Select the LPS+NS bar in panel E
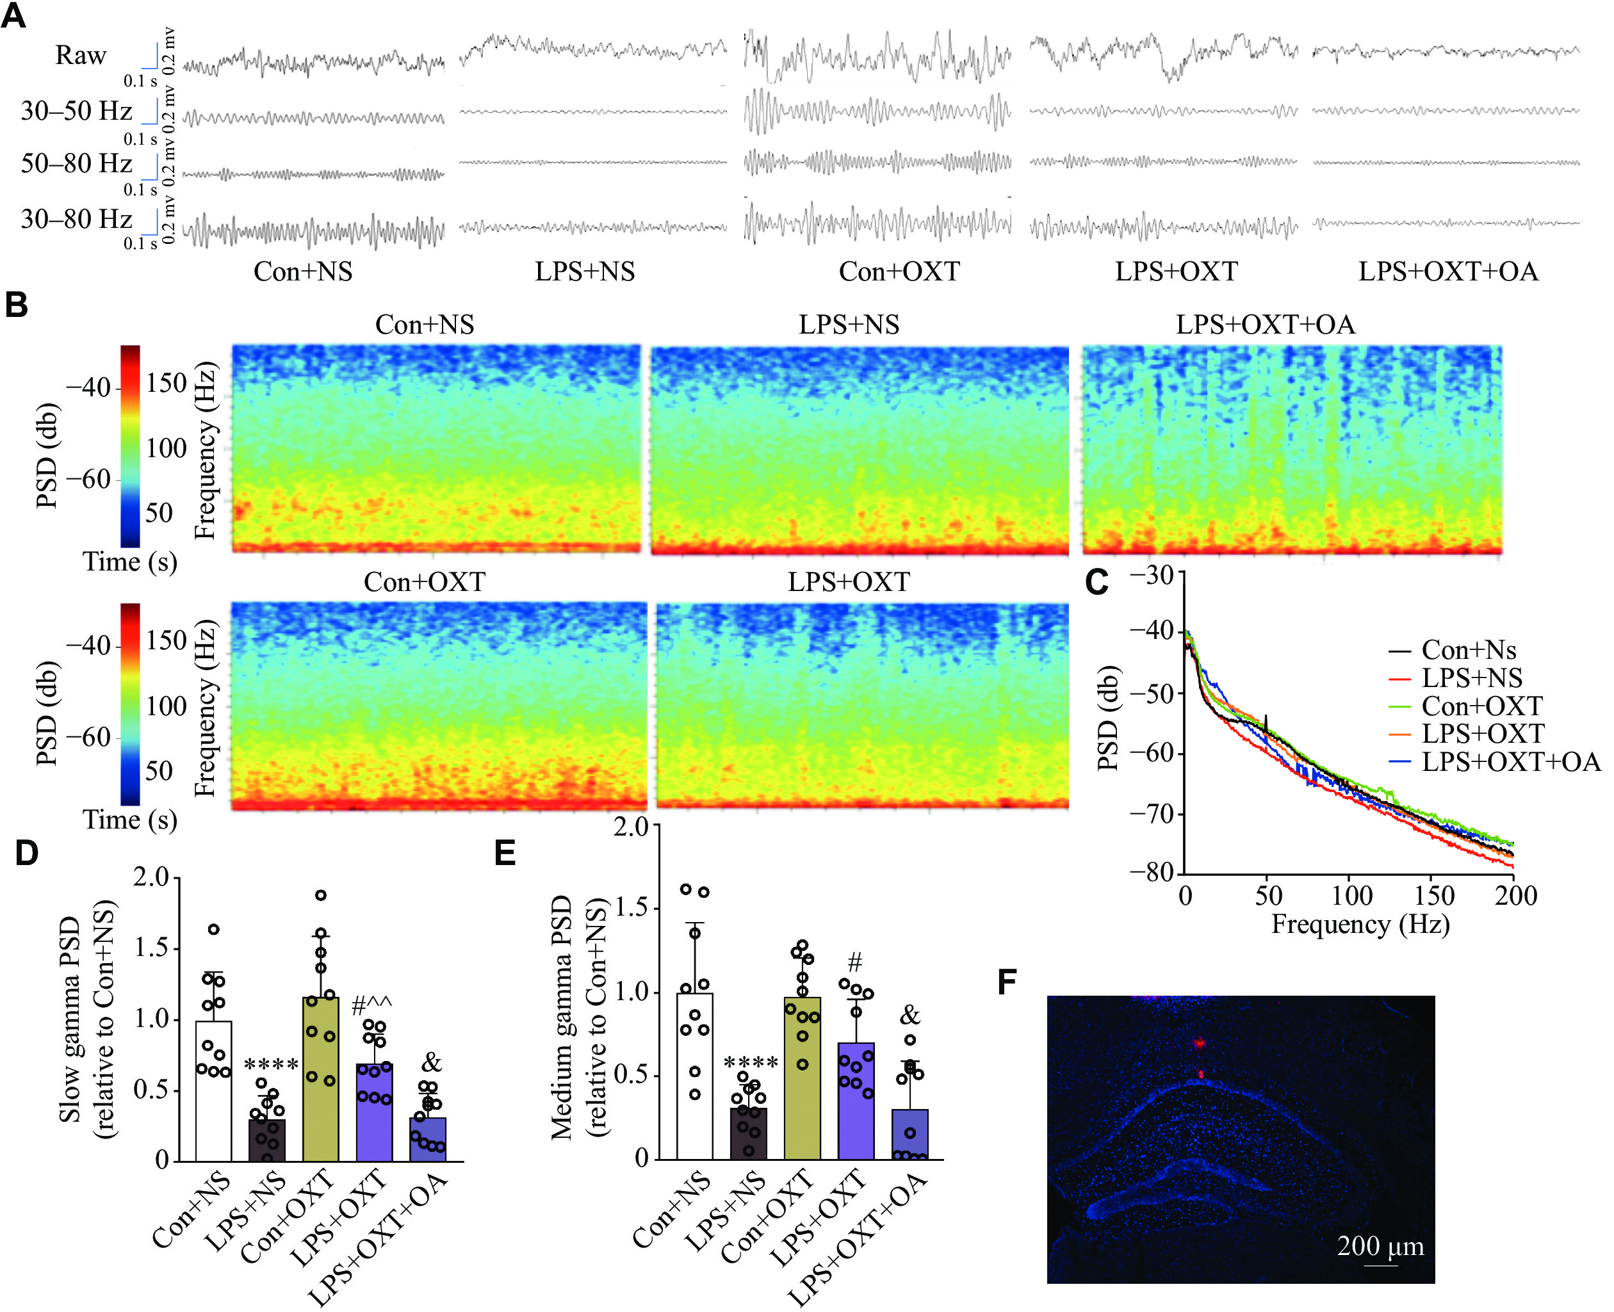click(x=749, y=1133)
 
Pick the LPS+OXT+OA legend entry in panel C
click(x=1510, y=761)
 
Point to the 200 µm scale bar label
click(x=1380, y=1245)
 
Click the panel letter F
click(x=1007, y=982)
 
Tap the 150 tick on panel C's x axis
click(x=1433, y=896)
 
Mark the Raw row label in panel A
click(x=81, y=55)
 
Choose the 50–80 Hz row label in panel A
click(x=76, y=163)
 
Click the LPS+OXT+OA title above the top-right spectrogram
click(x=1265, y=324)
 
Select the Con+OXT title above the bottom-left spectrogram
click(x=424, y=582)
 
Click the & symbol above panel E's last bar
click(x=909, y=1016)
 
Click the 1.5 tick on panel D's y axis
click(x=151, y=948)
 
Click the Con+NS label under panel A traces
click(x=302, y=271)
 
